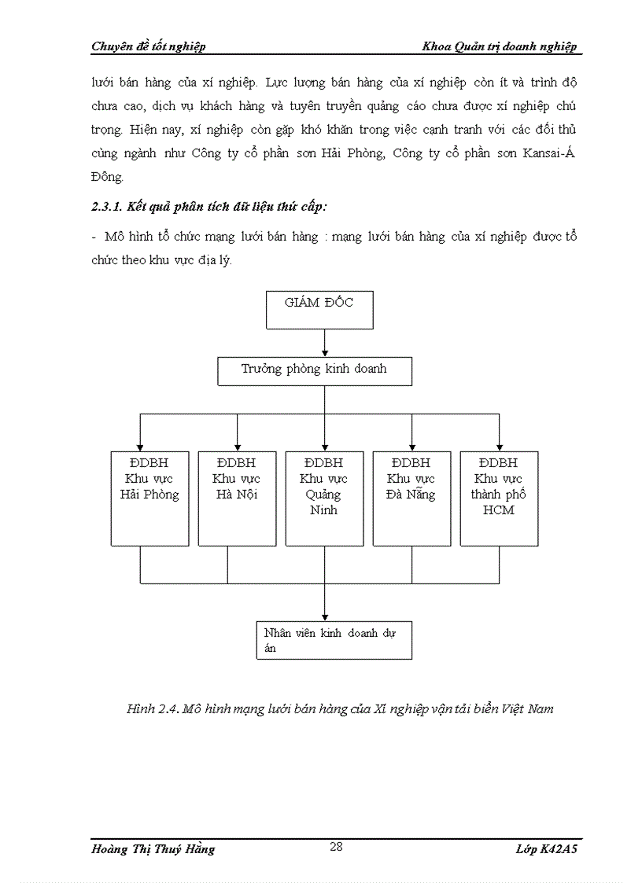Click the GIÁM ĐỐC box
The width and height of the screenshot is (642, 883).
(x=319, y=309)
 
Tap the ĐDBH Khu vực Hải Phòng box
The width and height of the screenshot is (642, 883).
(x=149, y=498)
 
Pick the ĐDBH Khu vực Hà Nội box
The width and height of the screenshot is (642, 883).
(x=237, y=498)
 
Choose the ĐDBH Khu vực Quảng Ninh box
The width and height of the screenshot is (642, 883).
(x=324, y=498)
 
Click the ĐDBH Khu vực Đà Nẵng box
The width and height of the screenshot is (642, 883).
(x=411, y=498)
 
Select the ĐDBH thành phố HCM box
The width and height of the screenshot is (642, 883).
(x=499, y=498)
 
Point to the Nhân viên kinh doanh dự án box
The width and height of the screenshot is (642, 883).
(x=334, y=640)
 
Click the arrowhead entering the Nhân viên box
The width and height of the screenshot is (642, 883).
(x=324, y=616)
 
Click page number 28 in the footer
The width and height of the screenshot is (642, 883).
(x=336, y=847)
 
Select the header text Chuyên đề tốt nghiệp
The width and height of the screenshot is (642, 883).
(x=149, y=46)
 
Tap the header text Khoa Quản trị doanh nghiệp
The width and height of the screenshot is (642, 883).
(x=500, y=46)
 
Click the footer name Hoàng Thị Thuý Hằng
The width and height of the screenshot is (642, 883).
(x=153, y=849)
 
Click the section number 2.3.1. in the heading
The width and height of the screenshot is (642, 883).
(x=106, y=207)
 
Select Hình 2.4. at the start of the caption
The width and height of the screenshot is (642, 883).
(x=153, y=708)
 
